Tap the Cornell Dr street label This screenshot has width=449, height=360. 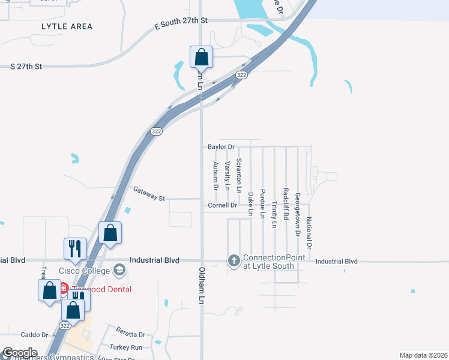[223, 205]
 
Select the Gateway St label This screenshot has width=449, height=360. [149, 194]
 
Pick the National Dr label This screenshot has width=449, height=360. [309, 232]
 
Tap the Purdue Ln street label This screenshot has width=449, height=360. [262, 205]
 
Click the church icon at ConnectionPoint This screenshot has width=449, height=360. [233, 261]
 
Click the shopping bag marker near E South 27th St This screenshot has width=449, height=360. [202, 57]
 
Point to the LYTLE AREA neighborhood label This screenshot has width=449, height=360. [67, 26]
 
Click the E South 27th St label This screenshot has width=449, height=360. [181, 20]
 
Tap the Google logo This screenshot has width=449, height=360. [19, 353]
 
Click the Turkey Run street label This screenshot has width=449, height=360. [126, 347]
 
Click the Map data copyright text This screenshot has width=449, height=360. [423, 355]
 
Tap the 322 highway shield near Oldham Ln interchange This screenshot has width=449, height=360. [241, 74]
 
